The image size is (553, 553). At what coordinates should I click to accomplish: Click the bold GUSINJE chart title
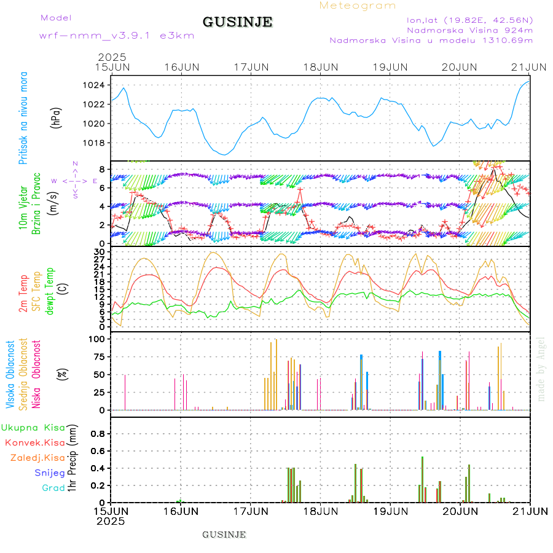(237, 22)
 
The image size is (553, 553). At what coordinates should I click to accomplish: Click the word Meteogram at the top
(358, 6)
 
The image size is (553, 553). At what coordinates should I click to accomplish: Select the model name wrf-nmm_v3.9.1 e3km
(116, 35)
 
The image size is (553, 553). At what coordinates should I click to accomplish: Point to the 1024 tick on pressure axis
(97, 85)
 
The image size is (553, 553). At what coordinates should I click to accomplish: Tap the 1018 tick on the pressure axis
(97, 143)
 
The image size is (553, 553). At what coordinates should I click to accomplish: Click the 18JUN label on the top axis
(320, 66)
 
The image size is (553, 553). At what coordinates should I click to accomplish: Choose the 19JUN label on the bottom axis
(390, 511)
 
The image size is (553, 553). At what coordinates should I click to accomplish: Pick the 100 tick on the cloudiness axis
(98, 339)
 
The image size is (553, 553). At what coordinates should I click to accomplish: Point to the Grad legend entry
(53, 488)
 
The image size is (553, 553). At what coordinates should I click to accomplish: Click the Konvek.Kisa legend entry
(34, 442)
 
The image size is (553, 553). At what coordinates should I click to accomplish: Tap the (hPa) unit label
(56, 117)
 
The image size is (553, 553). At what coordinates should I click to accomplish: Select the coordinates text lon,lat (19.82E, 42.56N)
(465, 20)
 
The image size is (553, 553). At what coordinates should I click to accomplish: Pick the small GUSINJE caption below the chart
(224, 535)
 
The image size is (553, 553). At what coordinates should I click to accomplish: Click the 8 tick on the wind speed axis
(101, 169)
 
